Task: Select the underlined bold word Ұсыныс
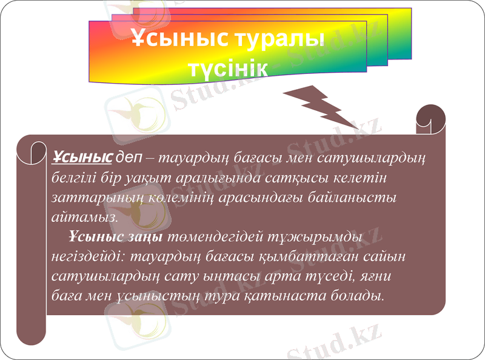click(x=82, y=158)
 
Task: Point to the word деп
click(x=129, y=158)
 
